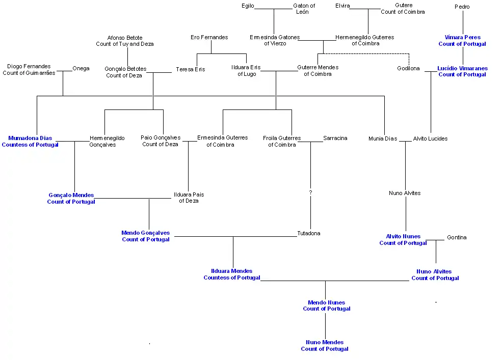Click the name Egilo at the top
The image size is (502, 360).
(248, 6)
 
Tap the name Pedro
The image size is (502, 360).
(462, 7)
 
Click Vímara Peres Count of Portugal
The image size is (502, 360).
(462, 40)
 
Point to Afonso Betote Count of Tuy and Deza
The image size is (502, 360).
(125, 41)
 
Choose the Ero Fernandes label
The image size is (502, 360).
(209, 37)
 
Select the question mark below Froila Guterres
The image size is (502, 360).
(310, 192)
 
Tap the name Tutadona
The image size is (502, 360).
(309, 233)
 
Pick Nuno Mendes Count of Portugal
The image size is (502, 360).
(325, 345)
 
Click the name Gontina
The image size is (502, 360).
(456, 237)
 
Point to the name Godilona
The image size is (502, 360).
(408, 68)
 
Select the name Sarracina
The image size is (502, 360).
(335, 138)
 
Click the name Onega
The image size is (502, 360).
(81, 68)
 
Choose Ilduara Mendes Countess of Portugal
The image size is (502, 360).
(232, 274)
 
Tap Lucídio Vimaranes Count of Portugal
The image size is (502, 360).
(462, 71)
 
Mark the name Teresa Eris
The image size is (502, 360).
(190, 69)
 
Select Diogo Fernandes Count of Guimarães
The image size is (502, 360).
(29, 69)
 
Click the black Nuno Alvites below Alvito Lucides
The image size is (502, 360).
(405, 193)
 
